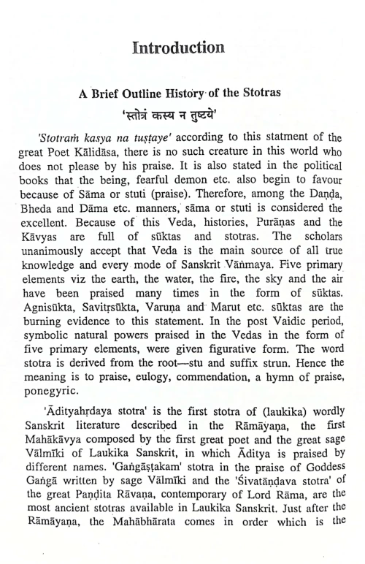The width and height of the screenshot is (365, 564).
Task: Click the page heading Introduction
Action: (178, 49)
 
